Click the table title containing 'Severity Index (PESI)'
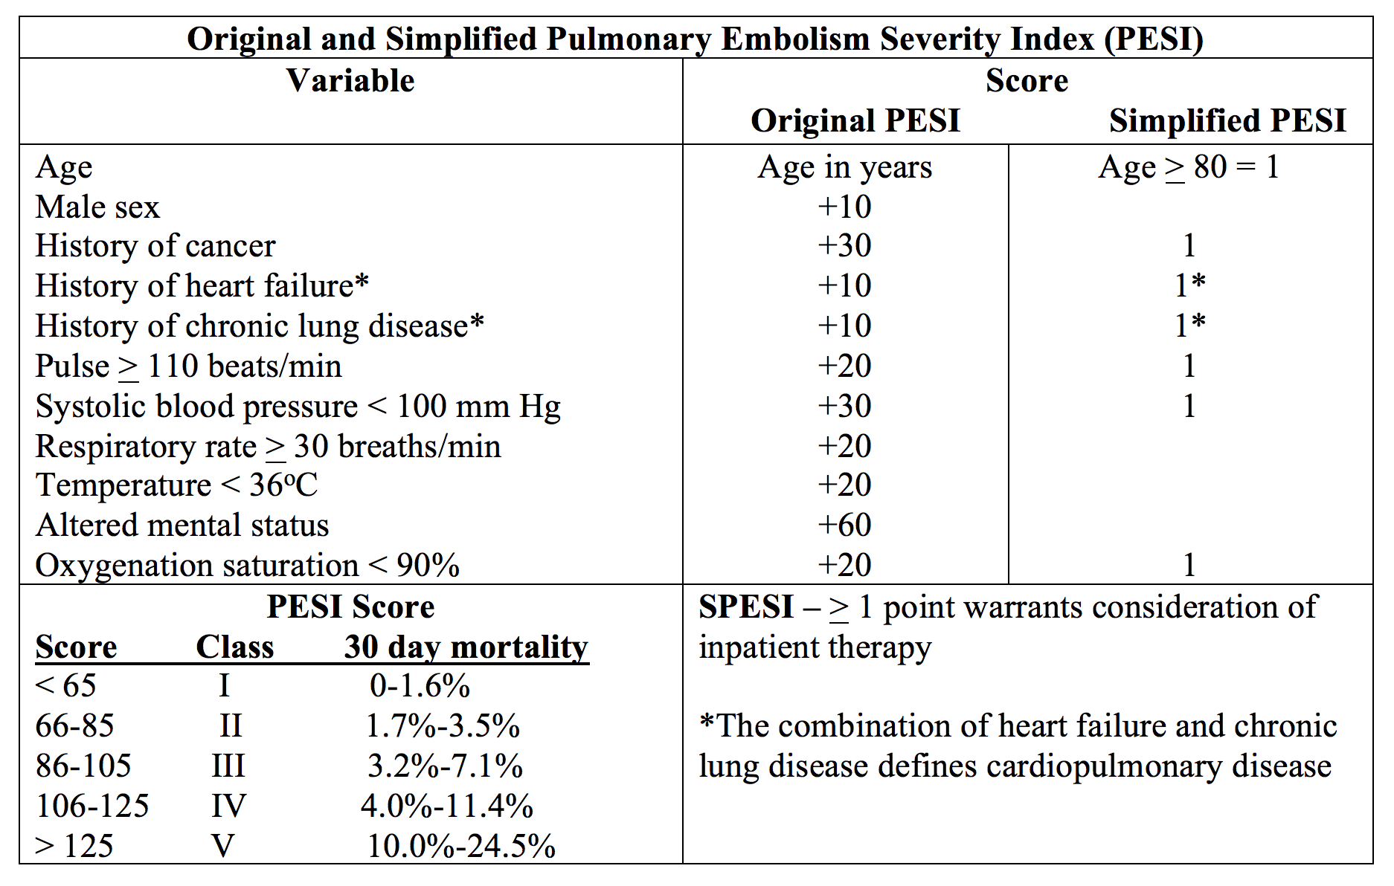point(696,39)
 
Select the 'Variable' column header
point(350,80)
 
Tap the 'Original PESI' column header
point(855,120)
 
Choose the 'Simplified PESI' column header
point(1227,120)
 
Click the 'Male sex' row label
point(97,207)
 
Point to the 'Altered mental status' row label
point(182,525)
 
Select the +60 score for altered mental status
point(844,525)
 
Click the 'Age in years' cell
point(845,167)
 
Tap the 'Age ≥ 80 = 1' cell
point(1189,167)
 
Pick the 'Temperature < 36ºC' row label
point(177,485)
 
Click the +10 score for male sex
point(844,207)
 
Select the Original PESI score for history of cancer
point(844,246)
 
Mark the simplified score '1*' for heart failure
point(1190,285)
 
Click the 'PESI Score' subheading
point(350,607)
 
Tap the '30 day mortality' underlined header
point(466,647)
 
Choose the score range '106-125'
point(92,806)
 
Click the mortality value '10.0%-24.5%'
point(461,846)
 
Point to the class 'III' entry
point(228,766)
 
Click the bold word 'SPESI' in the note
point(746,607)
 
